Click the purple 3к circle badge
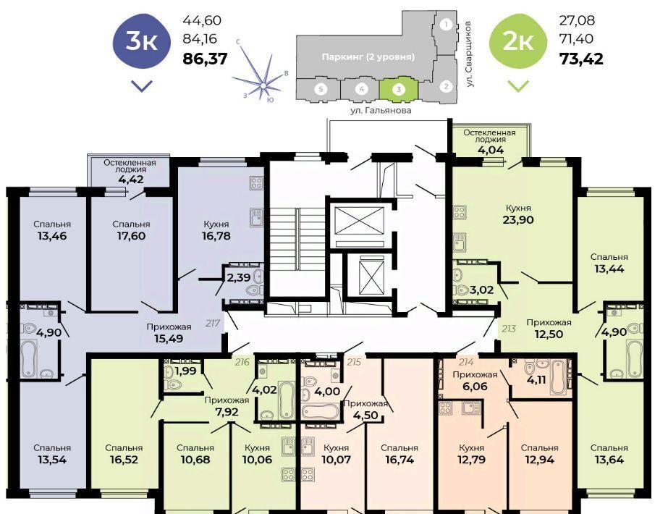coord(141,41)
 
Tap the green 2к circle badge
coord(518,41)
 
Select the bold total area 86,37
coord(205,59)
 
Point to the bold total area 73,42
coord(581,59)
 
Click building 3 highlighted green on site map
coord(399,89)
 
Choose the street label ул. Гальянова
coord(381,110)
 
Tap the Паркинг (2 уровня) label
coord(368,56)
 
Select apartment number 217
coord(212,323)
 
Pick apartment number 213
coord(509,328)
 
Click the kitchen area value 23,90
coord(518,220)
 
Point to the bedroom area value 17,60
coord(131,236)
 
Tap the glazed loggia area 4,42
coord(131,179)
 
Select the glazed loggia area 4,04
coord(490,150)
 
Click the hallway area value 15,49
coord(169,339)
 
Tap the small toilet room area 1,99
coord(186,371)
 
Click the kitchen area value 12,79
coord(471,460)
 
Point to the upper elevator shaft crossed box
coord(360,220)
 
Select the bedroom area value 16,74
coord(399,460)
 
